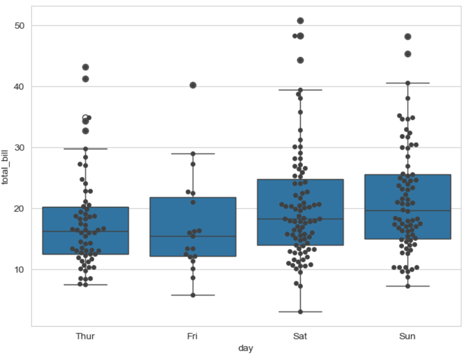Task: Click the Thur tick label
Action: pos(85,336)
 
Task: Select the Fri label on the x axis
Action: pos(193,336)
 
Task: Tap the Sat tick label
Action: pos(300,336)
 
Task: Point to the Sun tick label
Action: pos(407,336)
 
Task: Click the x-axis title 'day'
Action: pos(246,348)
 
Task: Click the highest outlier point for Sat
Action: pos(300,21)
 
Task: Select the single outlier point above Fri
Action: pos(193,85)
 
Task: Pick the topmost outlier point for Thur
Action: pos(85,67)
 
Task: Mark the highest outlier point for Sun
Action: pos(408,37)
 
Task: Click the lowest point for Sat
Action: pos(300,312)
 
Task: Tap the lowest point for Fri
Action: pos(193,295)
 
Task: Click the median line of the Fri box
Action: pos(193,236)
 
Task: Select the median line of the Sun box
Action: pos(407,211)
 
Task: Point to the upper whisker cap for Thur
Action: pos(85,149)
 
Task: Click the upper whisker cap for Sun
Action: pos(407,83)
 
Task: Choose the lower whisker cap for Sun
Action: pos(407,286)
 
